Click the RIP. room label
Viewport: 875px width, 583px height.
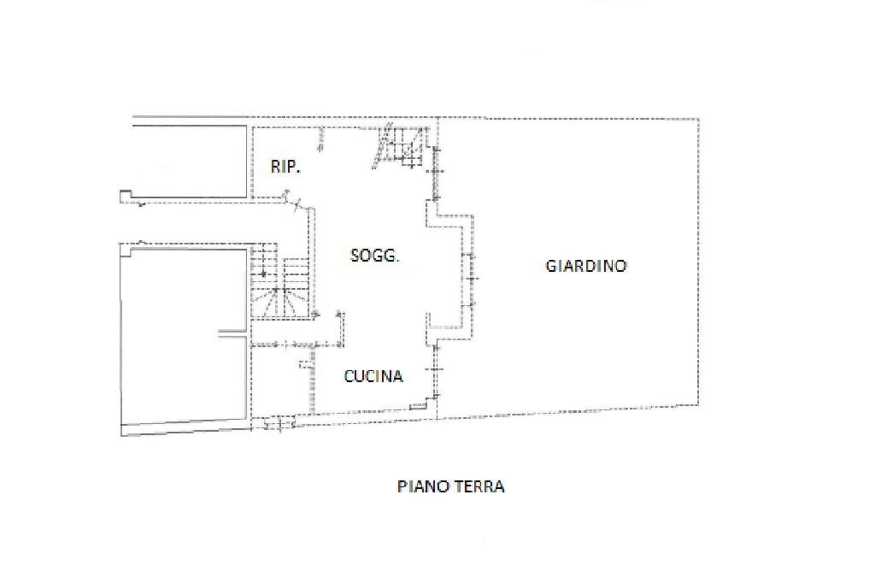(x=285, y=167)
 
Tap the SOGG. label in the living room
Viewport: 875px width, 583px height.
(x=374, y=255)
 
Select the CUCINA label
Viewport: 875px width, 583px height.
(x=373, y=375)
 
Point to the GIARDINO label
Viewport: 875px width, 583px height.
(x=585, y=266)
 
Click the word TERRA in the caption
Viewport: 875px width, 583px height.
(x=478, y=486)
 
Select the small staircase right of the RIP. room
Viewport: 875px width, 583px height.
(x=399, y=148)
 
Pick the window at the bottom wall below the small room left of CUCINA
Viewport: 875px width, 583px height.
(x=278, y=421)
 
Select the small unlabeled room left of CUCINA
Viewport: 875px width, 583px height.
(x=280, y=380)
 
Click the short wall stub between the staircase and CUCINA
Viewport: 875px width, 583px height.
(x=341, y=328)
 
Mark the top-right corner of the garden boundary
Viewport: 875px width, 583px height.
(x=699, y=118)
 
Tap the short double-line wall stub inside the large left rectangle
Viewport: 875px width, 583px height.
(x=231, y=333)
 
